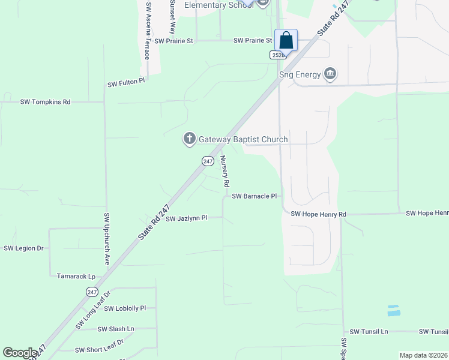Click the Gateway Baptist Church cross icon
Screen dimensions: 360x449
pyautogui.click(x=189, y=139)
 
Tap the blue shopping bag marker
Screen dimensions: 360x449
pyautogui.click(x=286, y=41)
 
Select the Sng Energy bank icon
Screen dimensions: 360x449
pyautogui.click(x=330, y=74)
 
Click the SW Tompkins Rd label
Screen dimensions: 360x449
pyautogui.click(x=46, y=102)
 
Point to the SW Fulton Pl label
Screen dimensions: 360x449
pyautogui.click(x=126, y=83)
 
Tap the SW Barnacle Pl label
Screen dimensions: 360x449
pyautogui.click(x=255, y=196)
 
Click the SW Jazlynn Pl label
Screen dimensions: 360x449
pyautogui.click(x=186, y=218)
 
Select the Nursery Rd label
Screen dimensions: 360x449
pyautogui.click(x=224, y=170)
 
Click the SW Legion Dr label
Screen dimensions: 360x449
pyautogui.click(x=24, y=248)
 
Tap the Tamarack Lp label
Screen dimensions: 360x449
pyautogui.click(x=76, y=277)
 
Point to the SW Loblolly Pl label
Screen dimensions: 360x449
pyautogui.click(x=125, y=308)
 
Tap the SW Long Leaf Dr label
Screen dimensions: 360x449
pyautogui.click(x=94, y=310)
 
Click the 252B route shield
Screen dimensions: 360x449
pyautogui.click(x=277, y=55)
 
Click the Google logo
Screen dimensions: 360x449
pyautogui.click(x=20, y=353)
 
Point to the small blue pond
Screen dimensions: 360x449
pyautogui.click(x=394, y=310)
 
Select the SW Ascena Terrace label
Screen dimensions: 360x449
pyautogui.click(x=148, y=31)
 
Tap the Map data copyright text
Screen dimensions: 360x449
pyautogui.click(x=423, y=355)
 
